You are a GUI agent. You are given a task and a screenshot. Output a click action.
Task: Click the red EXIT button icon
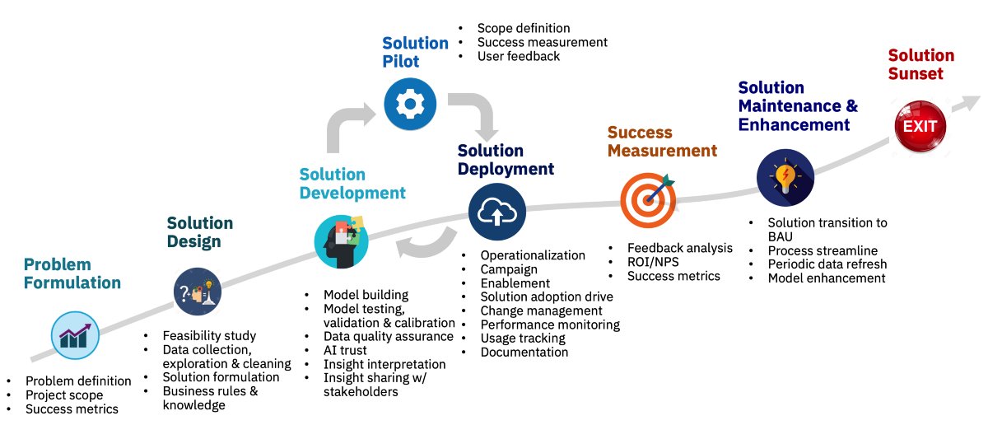click(x=920, y=127)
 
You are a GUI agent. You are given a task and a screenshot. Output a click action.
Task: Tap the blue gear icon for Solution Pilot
click(x=409, y=103)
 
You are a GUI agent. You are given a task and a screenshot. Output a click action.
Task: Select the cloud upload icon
click(x=496, y=212)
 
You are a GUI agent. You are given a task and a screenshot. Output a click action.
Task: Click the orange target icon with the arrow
click(x=648, y=198)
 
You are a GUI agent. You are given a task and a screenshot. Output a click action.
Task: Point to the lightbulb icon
click(x=785, y=177)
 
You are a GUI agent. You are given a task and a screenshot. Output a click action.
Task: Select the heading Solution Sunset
click(x=920, y=64)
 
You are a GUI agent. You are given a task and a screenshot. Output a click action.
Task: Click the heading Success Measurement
click(x=662, y=142)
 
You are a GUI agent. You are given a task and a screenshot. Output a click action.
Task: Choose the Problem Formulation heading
click(x=72, y=273)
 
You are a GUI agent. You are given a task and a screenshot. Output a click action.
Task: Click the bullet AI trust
click(x=345, y=350)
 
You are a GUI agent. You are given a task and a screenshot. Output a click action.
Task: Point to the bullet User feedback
click(x=518, y=56)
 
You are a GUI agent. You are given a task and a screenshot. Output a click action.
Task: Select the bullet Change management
click(x=541, y=311)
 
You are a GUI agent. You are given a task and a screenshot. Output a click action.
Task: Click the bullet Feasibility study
click(x=209, y=335)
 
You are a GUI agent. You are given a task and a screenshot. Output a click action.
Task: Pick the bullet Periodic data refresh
click(x=827, y=264)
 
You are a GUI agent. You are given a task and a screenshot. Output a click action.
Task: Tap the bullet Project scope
click(x=64, y=395)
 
